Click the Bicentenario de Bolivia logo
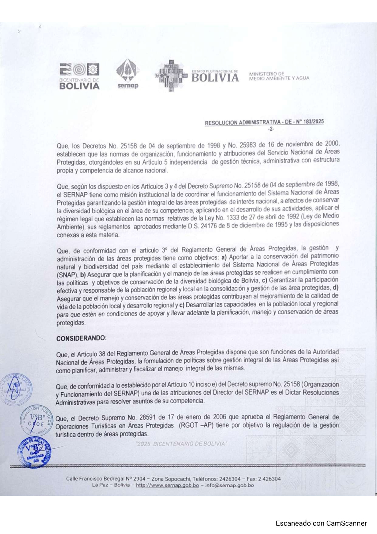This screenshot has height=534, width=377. [x=79, y=76]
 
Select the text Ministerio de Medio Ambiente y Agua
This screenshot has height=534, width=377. [x=279, y=76]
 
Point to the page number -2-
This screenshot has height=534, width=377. [x=271, y=129]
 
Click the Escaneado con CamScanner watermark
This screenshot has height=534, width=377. [x=321, y=523]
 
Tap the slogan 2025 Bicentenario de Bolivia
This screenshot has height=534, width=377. [x=181, y=444]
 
